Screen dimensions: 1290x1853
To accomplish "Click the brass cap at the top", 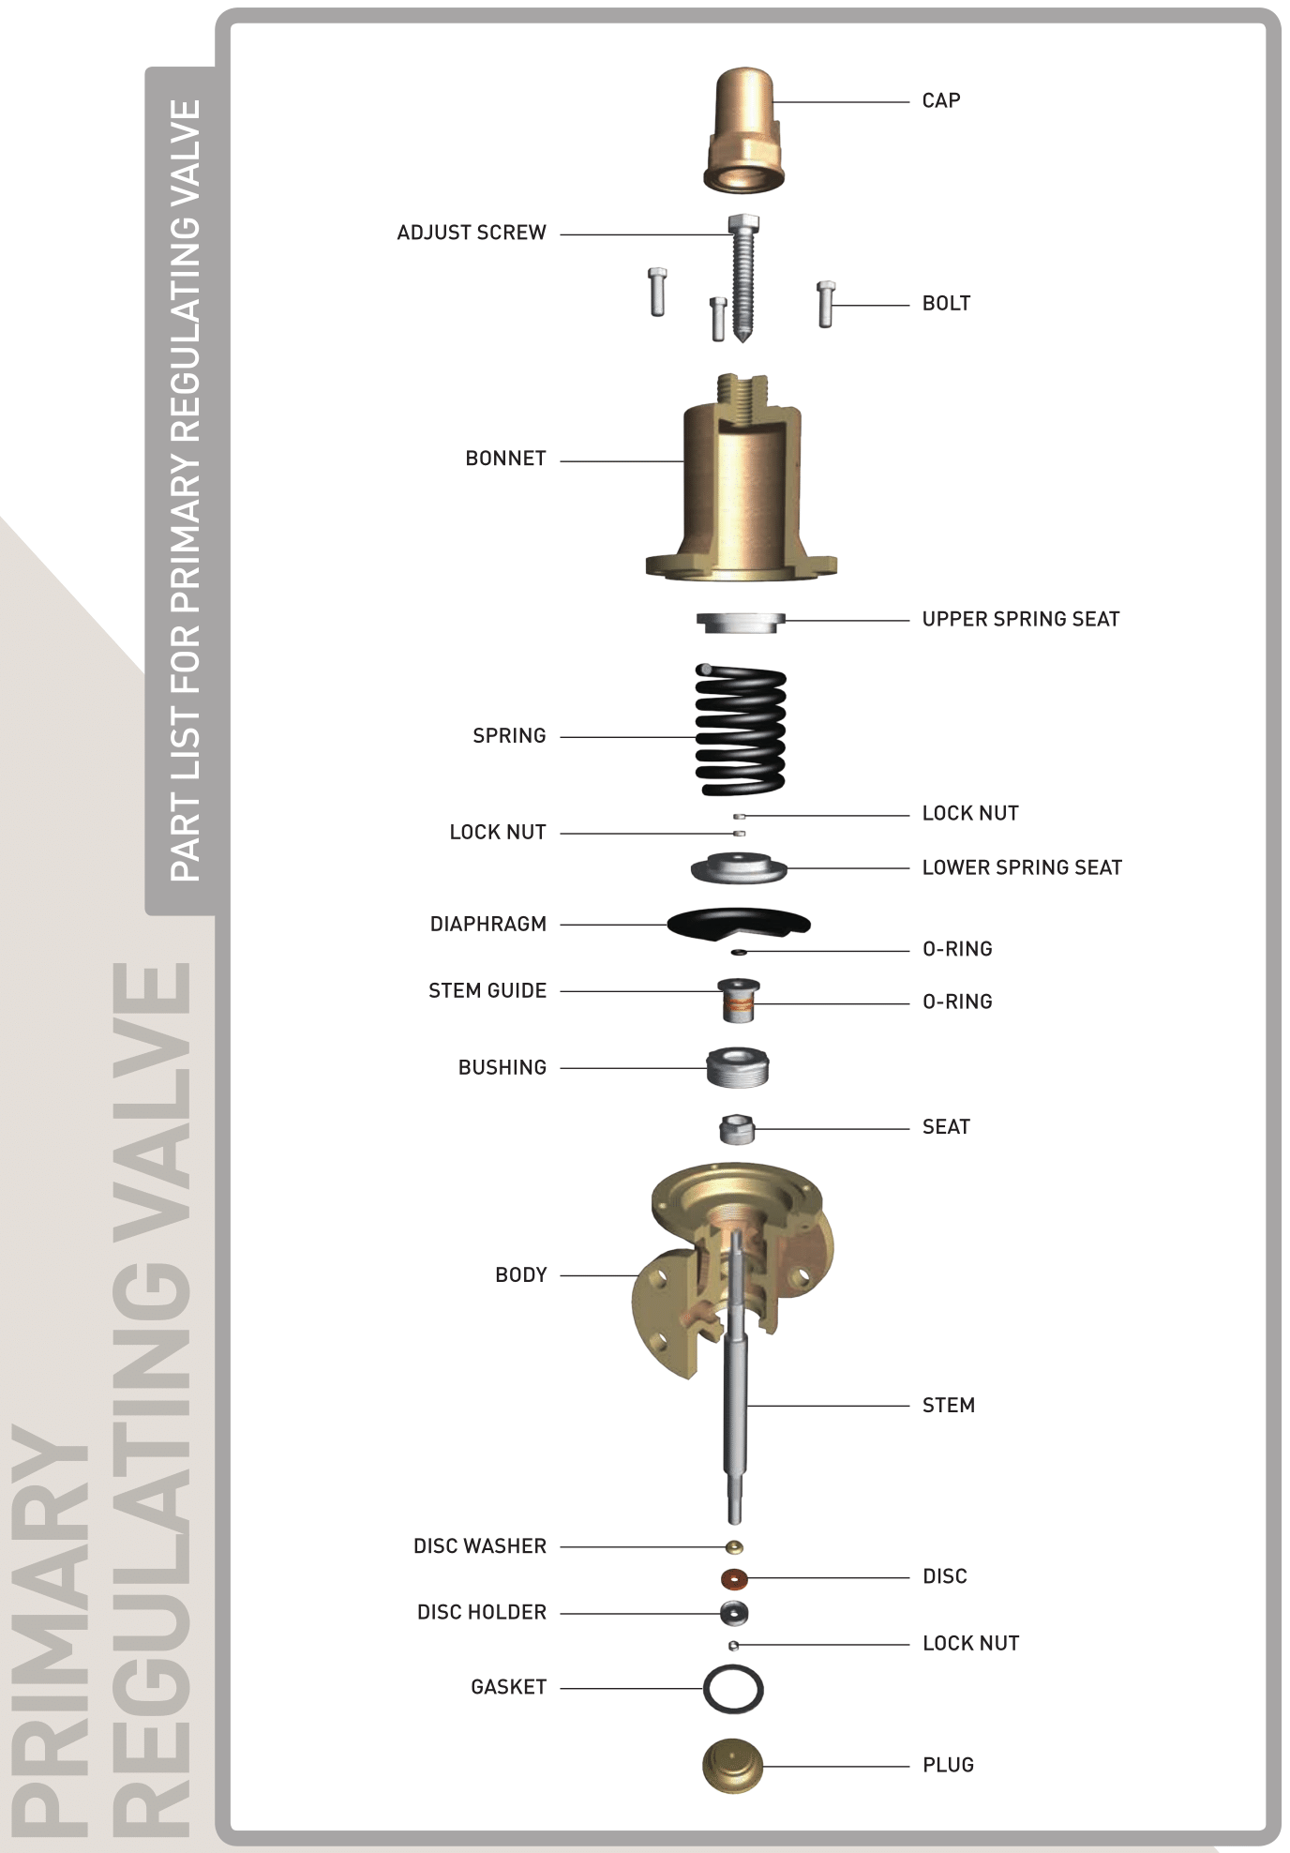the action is [x=743, y=130].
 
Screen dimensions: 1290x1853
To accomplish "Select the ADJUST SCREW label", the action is [x=472, y=233].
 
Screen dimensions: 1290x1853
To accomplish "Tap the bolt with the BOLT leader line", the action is [x=826, y=304].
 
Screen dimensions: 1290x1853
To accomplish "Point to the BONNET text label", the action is [x=505, y=459].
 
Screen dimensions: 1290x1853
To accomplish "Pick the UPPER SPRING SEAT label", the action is [x=1021, y=619].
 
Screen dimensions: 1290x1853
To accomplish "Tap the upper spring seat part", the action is [x=741, y=622].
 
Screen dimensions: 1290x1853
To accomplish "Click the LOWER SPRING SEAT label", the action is [x=1022, y=867].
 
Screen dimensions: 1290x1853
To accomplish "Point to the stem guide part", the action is [x=739, y=1001].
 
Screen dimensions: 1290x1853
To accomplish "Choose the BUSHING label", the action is [x=502, y=1067].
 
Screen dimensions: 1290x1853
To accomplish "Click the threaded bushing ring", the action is [x=739, y=1067].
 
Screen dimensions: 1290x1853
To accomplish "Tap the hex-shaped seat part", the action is [x=737, y=1129].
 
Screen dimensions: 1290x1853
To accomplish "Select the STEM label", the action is [x=949, y=1405].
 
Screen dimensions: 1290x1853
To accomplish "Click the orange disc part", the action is [x=735, y=1579].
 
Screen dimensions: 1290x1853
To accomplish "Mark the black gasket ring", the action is [x=733, y=1689].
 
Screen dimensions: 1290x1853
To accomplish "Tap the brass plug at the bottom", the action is [x=733, y=1767].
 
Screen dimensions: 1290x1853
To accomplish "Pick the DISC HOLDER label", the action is [x=482, y=1612].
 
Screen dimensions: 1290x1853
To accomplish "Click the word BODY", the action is [x=521, y=1274].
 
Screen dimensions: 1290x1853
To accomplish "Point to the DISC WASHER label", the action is [x=480, y=1545].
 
